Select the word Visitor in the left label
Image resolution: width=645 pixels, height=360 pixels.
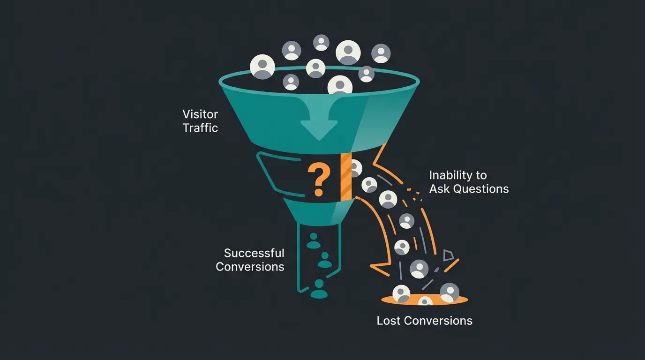pyautogui.click(x=200, y=114)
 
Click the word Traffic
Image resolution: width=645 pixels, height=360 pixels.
pyautogui.click(x=200, y=127)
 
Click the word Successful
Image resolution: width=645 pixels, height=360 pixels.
pyautogui.click(x=254, y=253)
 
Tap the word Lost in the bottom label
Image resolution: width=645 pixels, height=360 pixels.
pyautogui.click(x=389, y=321)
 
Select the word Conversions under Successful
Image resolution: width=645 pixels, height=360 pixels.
pyautogui.click(x=250, y=267)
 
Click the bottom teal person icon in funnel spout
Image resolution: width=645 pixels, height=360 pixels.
pyautogui.click(x=319, y=289)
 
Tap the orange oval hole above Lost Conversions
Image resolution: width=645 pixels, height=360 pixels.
pyautogui.click(x=425, y=299)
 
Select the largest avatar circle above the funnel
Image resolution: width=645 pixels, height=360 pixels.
pyautogui.click(x=348, y=52)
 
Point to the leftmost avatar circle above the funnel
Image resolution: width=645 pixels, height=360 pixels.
pyautogui.click(x=262, y=67)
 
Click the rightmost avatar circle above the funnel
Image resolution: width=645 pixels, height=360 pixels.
pyautogui.click(x=381, y=53)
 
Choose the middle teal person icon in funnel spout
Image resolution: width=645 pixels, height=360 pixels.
pyautogui.click(x=324, y=260)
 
